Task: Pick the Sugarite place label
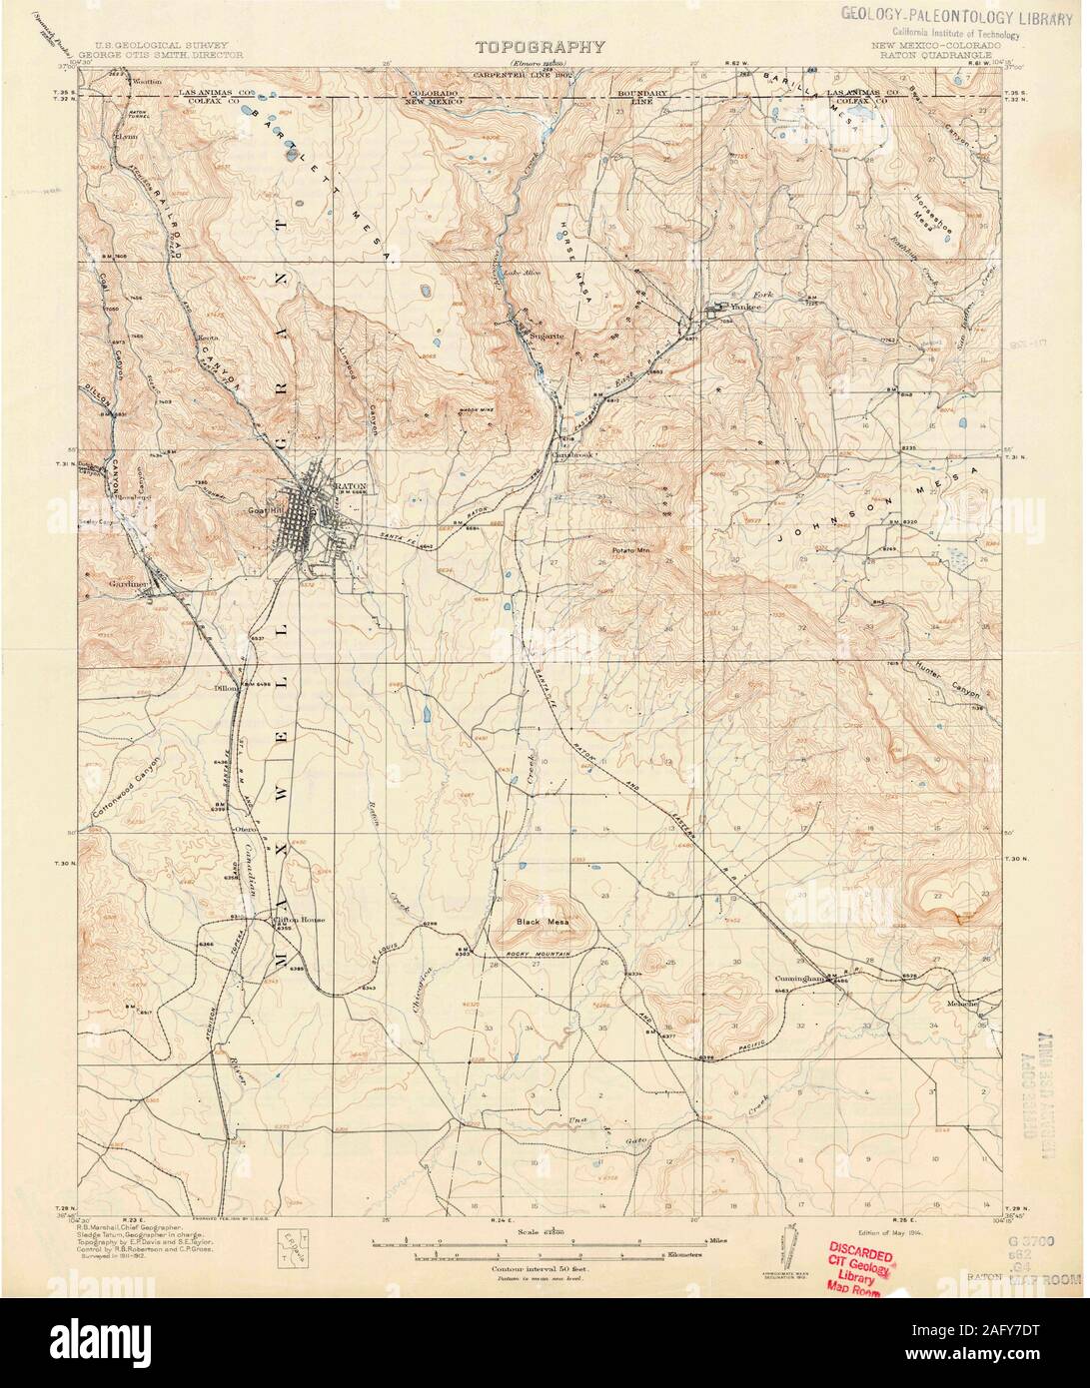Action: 548,337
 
